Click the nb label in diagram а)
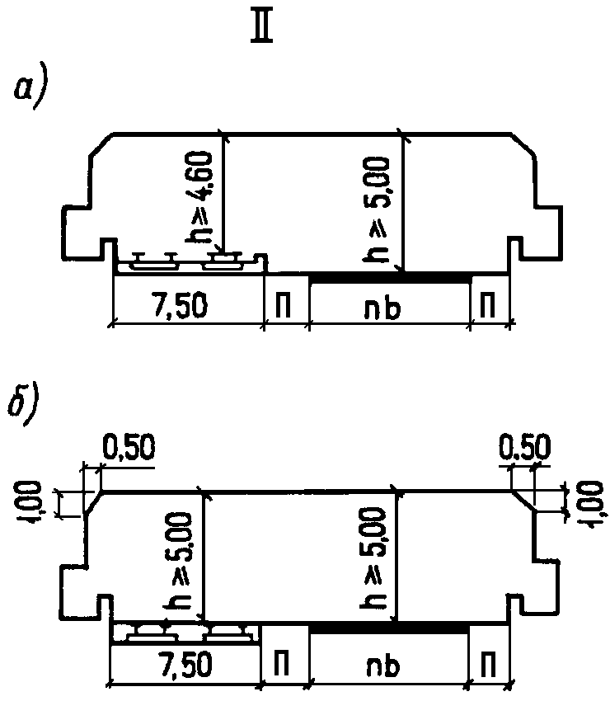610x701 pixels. pos(389,307)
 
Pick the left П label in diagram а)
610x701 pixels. pos(285,307)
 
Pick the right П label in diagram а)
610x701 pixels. pos(488,307)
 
